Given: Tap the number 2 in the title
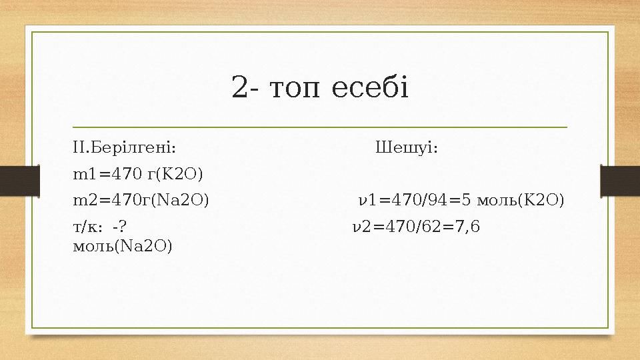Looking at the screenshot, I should (x=239, y=87).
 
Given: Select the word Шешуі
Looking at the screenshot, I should (x=407, y=147).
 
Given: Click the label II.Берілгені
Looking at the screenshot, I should (x=125, y=147).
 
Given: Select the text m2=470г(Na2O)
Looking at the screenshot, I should (x=140, y=199).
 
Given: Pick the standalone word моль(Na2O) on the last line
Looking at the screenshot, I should (x=122, y=246).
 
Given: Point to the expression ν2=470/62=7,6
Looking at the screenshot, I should (x=415, y=227).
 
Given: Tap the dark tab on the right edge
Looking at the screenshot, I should (x=620, y=180).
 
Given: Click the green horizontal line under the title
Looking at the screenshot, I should (x=320, y=126).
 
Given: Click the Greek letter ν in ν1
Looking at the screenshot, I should (x=362, y=200).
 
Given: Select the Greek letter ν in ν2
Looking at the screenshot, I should (x=355, y=227).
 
